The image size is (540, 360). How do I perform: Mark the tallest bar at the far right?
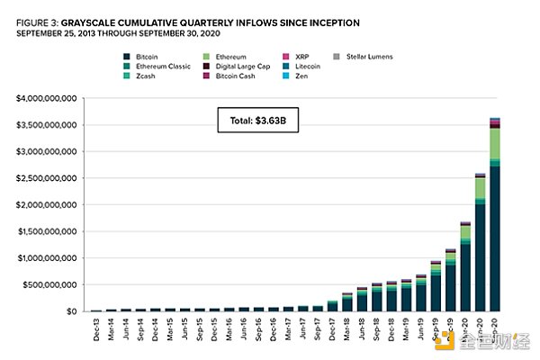point(520,216)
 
